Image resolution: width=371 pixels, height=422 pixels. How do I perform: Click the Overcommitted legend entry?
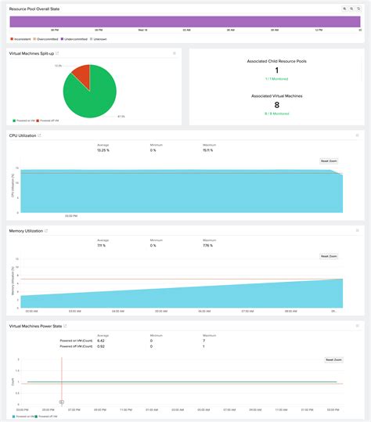50,38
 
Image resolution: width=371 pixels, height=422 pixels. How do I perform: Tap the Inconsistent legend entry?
22,38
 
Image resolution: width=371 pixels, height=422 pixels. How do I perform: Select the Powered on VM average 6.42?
101,341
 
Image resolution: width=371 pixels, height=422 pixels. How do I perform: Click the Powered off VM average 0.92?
101,346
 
